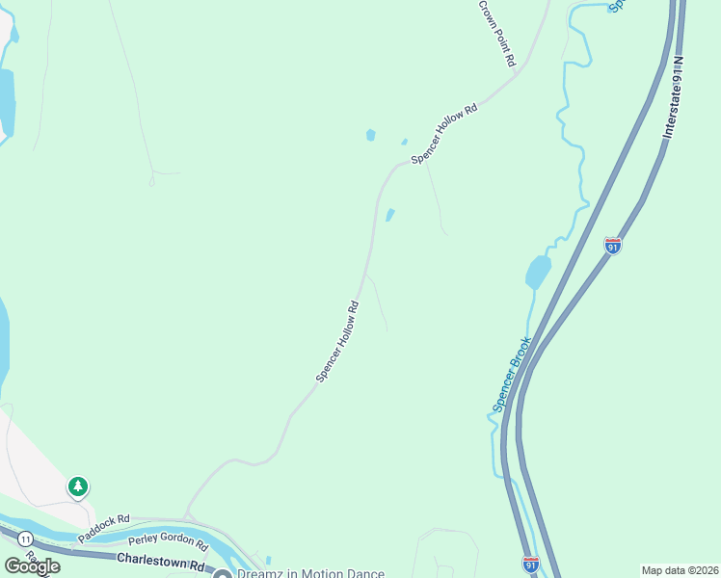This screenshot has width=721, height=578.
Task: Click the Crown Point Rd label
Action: click(x=497, y=33)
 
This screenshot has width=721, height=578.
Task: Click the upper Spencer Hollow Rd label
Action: click(x=444, y=135)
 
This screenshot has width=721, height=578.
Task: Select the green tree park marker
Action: click(x=77, y=486)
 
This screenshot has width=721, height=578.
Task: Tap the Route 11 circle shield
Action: click(x=24, y=538)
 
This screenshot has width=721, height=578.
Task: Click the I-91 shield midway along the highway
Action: click(x=613, y=246)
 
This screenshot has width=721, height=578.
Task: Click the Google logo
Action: click(x=32, y=565)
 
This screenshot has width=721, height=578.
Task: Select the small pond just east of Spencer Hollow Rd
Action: click(x=389, y=215)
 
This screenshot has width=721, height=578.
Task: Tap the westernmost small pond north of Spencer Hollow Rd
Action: click(x=370, y=136)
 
